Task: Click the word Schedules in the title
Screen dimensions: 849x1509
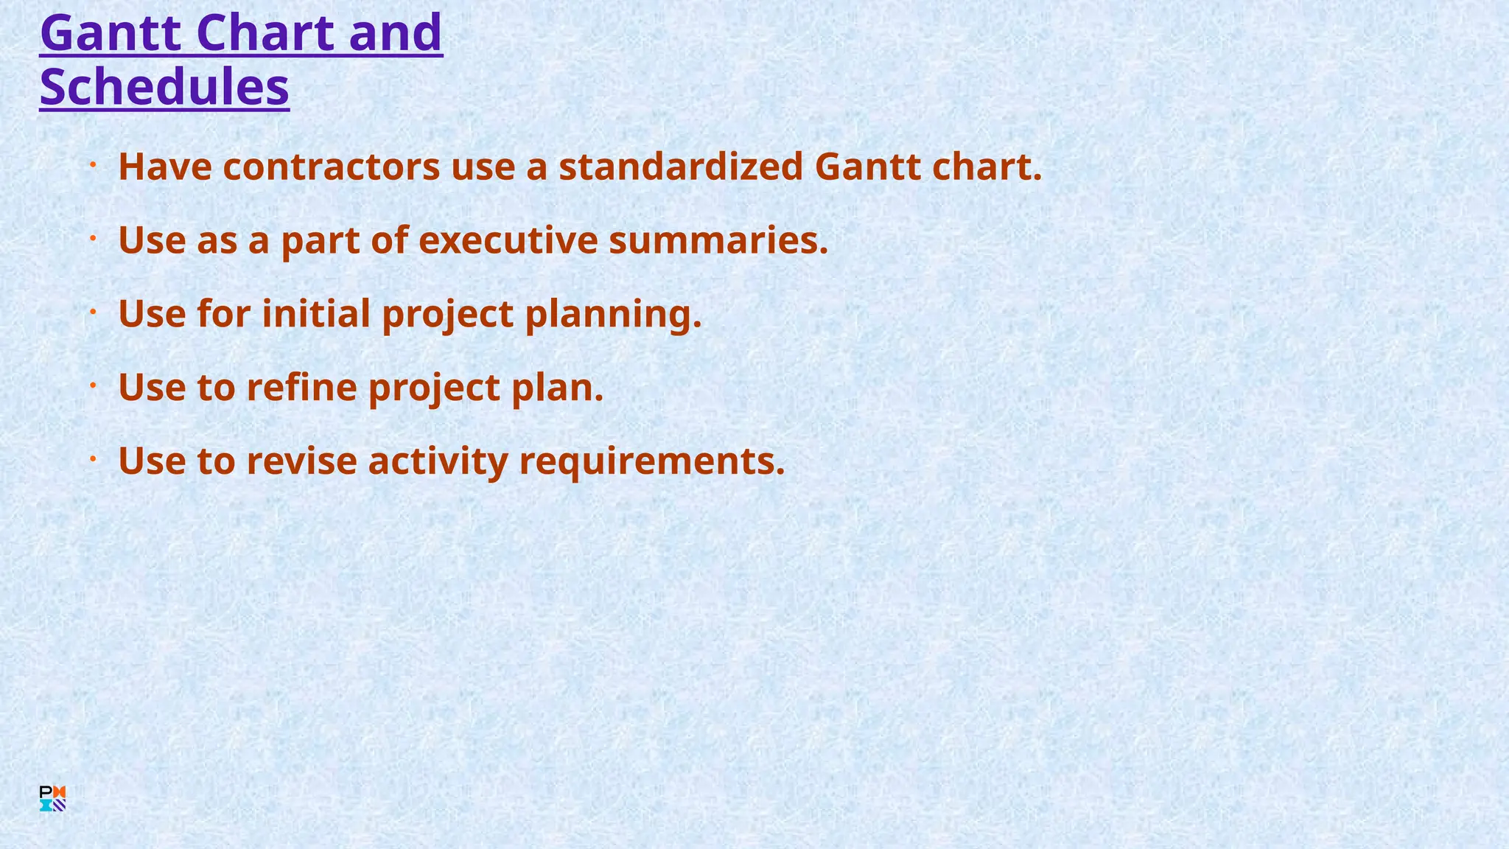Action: pyautogui.click(x=164, y=87)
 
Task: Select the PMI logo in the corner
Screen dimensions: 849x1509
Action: pyautogui.click(x=52, y=799)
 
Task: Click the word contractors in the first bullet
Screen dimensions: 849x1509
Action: pyautogui.click(x=332, y=167)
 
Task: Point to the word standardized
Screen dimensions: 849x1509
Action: pyautogui.click(x=681, y=167)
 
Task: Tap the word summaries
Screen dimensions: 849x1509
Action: pyautogui.click(x=718, y=240)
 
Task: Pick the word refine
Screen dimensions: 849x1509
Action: pyautogui.click(x=301, y=388)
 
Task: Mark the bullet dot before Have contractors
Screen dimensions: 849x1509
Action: pyautogui.click(x=94, y=165)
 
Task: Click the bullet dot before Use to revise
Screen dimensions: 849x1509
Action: pyautogui.click(x=94, y=459)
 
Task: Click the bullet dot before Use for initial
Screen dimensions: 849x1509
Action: pyautogui.click(x=94, y=312)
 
